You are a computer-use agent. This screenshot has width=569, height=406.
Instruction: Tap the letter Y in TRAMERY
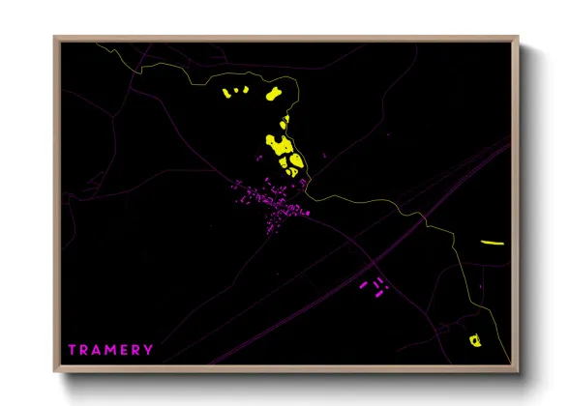point(149,349)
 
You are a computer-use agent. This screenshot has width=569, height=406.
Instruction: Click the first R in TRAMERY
point(83,349)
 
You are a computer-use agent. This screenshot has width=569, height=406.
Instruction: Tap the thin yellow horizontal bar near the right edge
point(493,243)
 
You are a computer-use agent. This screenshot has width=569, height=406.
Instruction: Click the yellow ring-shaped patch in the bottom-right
point(474,340)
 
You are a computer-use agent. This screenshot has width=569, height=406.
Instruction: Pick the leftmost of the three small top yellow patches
point(228,94)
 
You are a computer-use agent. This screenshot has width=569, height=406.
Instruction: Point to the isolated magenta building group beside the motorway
point(373,285)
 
